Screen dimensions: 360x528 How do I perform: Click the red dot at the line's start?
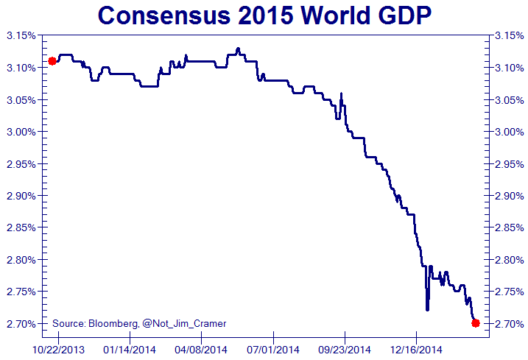click(52, 61)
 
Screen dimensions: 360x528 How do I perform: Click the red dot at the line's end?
click(476, 323)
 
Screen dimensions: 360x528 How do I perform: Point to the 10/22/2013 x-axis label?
click(57, 349)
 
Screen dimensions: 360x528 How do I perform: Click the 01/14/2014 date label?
click(128, 349)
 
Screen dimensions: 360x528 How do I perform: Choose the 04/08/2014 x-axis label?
click(200, 349)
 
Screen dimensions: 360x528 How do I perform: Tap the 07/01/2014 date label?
click(272, 349)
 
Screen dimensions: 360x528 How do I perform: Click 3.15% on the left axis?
click(21, 35)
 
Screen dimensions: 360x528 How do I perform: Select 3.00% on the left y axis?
click(21, 132)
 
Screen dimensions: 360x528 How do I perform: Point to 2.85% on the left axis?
click(21, 227)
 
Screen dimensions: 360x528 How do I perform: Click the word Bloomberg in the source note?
click(113, 323)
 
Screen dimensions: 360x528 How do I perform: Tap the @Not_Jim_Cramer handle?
click(184, 323)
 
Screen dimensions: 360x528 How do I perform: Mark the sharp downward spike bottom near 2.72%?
click(427, 310)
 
